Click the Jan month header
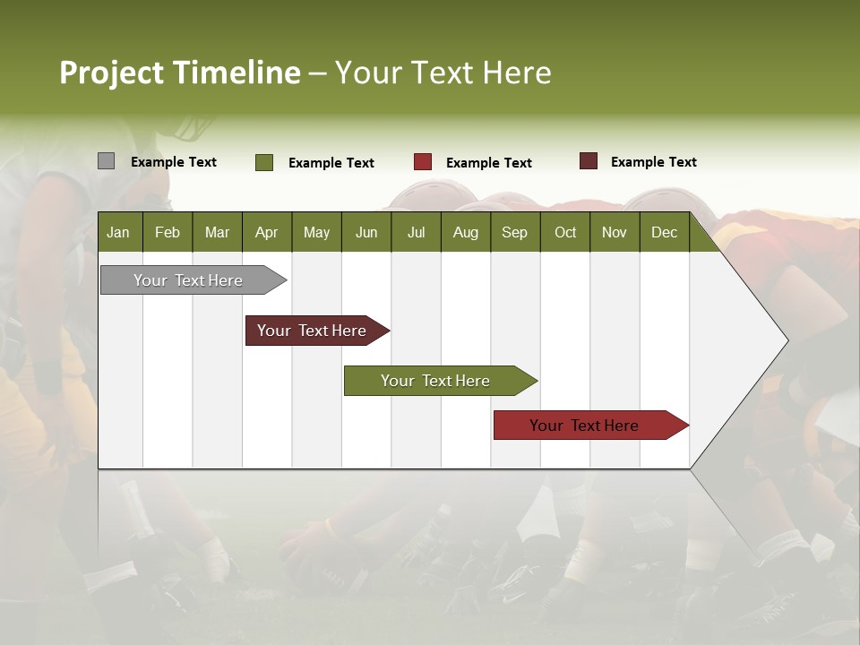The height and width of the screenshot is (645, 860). [118, 232]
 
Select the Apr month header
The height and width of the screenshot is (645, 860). [266, 232]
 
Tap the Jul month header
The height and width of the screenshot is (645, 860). [416, 232]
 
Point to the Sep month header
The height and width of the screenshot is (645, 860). [514, 232]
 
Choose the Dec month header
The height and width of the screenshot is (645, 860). [664, 232]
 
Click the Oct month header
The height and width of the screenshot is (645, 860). [565, 232]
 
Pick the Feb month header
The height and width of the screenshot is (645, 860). [168, 232]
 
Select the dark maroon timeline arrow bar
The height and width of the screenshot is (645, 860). [314, 331]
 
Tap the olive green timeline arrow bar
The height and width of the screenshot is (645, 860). [436, 381]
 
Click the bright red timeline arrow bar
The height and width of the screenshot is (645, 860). [586, 426]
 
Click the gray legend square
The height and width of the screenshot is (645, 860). [106, 161]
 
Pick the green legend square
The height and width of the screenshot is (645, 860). [264, 162]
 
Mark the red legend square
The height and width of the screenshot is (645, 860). [423, 162]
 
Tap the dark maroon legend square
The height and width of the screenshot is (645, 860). [589, 161]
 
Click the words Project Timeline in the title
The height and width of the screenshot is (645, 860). [179, 73]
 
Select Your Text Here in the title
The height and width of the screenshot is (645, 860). [443, 73]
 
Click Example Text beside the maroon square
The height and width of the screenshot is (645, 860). [653, 162]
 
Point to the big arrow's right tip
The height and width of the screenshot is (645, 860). [786, 340]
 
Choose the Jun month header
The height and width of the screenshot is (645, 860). [366, 232]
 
